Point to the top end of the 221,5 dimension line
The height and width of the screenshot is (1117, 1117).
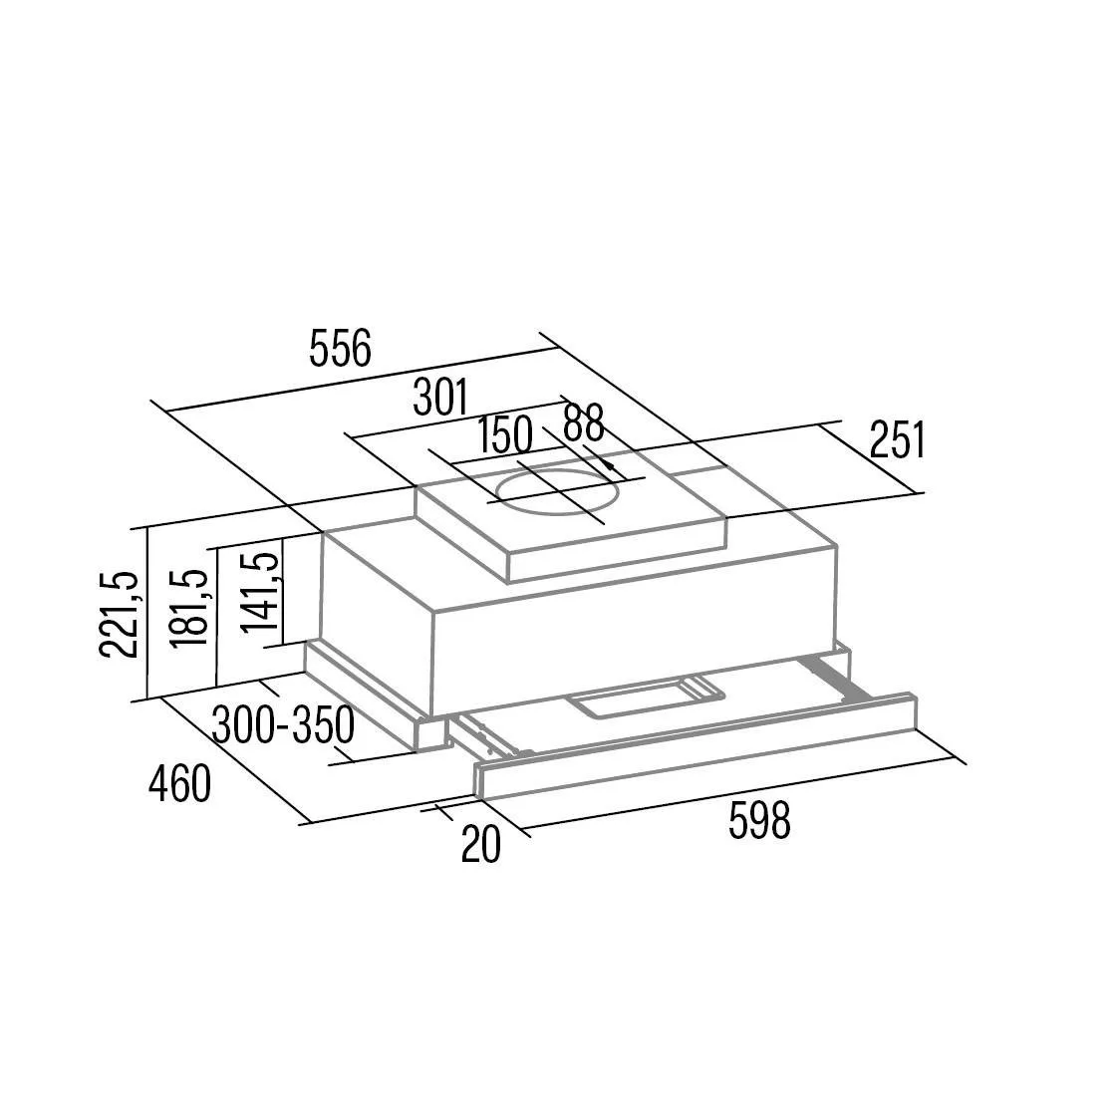point(146,528)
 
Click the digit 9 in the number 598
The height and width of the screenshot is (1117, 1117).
point(759,821)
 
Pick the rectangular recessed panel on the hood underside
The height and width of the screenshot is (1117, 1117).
point(646,696)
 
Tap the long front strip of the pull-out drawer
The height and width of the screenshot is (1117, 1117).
point(695,747)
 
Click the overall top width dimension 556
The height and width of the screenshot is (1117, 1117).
point(341,349)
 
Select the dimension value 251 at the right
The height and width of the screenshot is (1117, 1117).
point(898,440)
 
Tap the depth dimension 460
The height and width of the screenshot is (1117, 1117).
point(179,783)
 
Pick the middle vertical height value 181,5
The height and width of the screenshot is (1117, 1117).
point(190,609)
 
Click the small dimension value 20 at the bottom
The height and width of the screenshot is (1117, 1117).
point(481,844)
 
